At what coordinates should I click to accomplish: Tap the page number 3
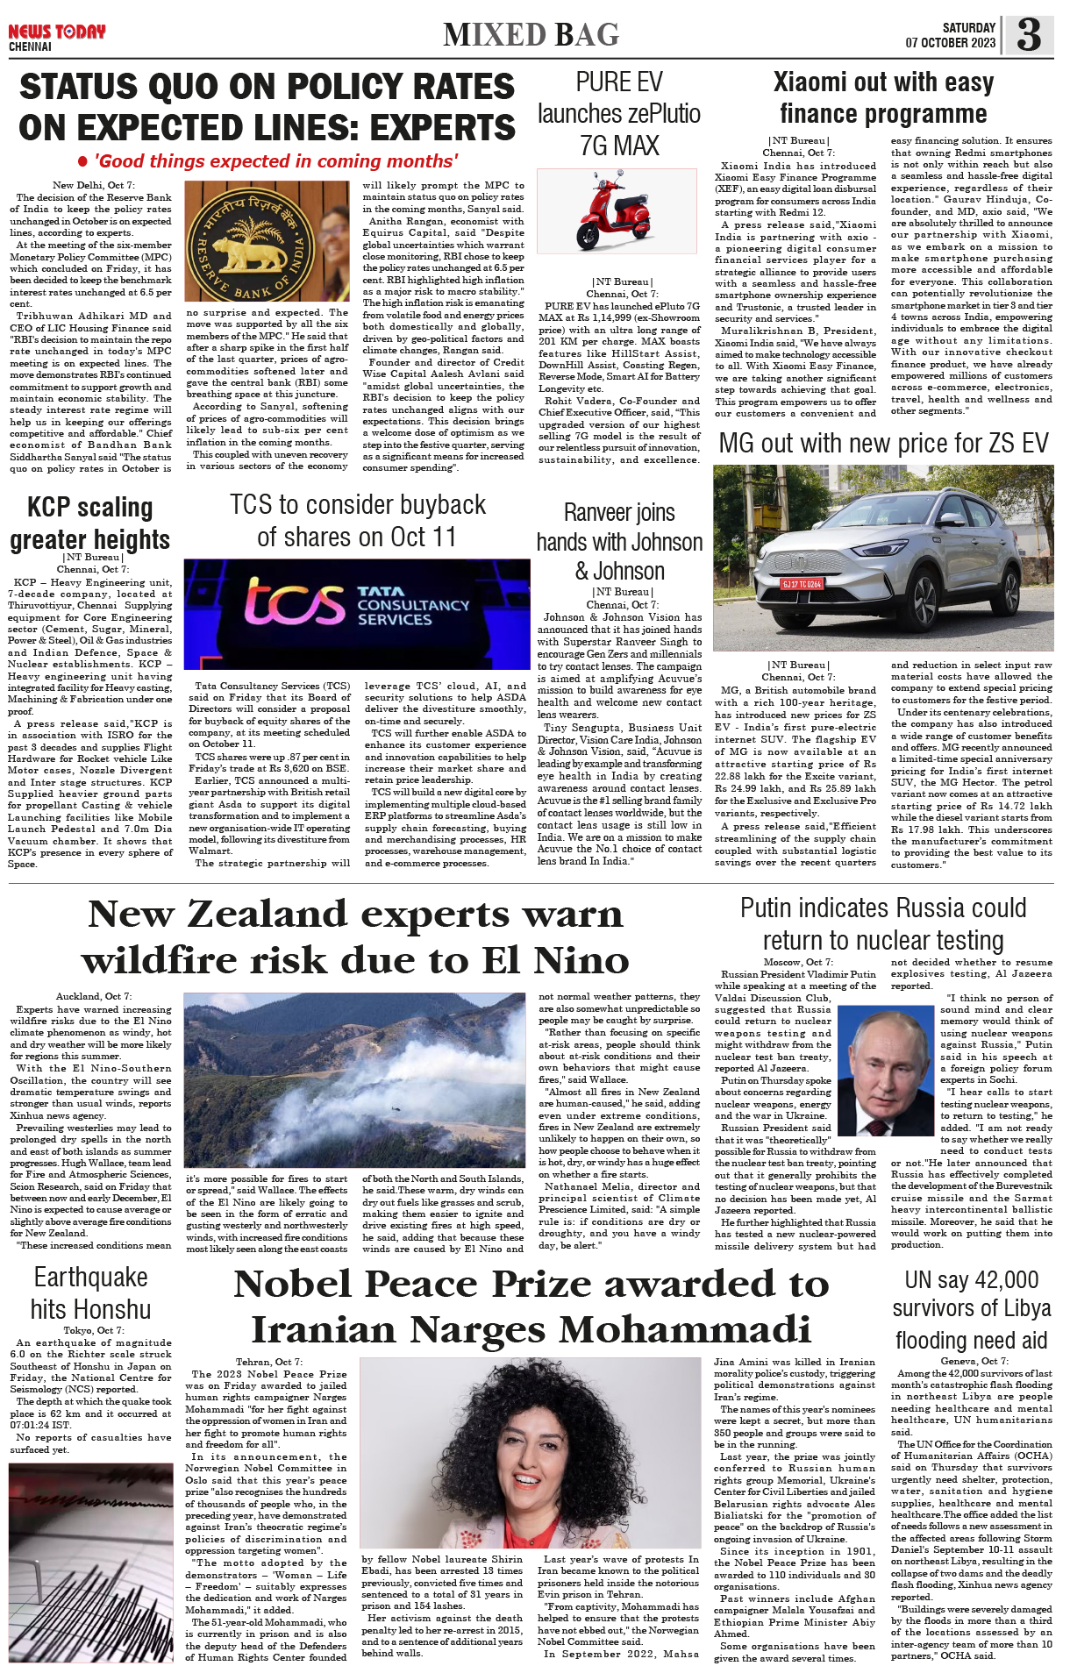point(1029,35)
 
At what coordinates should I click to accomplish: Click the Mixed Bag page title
point(531,35)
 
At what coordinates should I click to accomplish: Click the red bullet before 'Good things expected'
point(82,162)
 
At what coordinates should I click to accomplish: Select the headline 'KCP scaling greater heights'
point(90,523)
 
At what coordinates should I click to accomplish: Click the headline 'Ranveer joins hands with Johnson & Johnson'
point(619,542)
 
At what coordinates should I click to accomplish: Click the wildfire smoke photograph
point(356,1079)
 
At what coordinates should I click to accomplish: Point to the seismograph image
point(90,1563)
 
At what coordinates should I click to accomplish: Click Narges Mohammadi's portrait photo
point(530,1452)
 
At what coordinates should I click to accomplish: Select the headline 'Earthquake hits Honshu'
point(90,1293)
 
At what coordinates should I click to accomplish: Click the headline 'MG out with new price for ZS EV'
point(883,444)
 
